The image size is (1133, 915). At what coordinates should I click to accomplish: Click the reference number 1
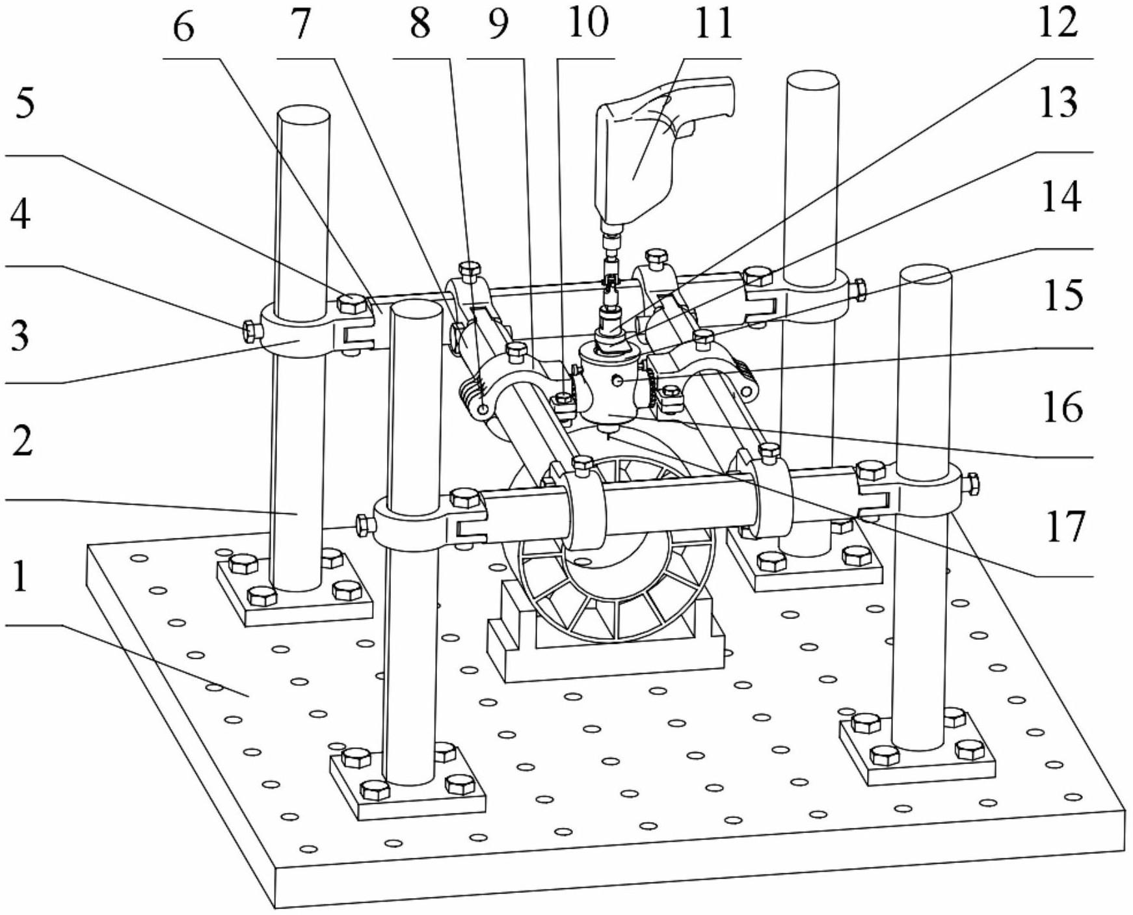(21, 576)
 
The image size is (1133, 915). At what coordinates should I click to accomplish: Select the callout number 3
(20, 336)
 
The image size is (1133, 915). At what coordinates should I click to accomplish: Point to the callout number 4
(20, 215)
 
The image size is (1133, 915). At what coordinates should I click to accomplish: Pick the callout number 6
(184, 27)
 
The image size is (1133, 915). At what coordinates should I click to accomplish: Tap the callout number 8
(420, 23)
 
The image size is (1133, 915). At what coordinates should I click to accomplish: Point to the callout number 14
(1061, 196)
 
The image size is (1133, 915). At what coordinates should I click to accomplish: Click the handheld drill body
(657, 153)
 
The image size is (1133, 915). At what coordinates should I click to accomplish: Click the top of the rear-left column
(304, 118)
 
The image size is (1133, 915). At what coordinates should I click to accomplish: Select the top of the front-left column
(416, 312)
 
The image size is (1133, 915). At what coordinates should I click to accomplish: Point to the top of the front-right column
(926, 276)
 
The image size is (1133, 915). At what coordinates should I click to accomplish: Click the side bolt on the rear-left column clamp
(250, 330)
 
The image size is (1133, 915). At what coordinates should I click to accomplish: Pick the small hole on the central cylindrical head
(620, 379)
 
